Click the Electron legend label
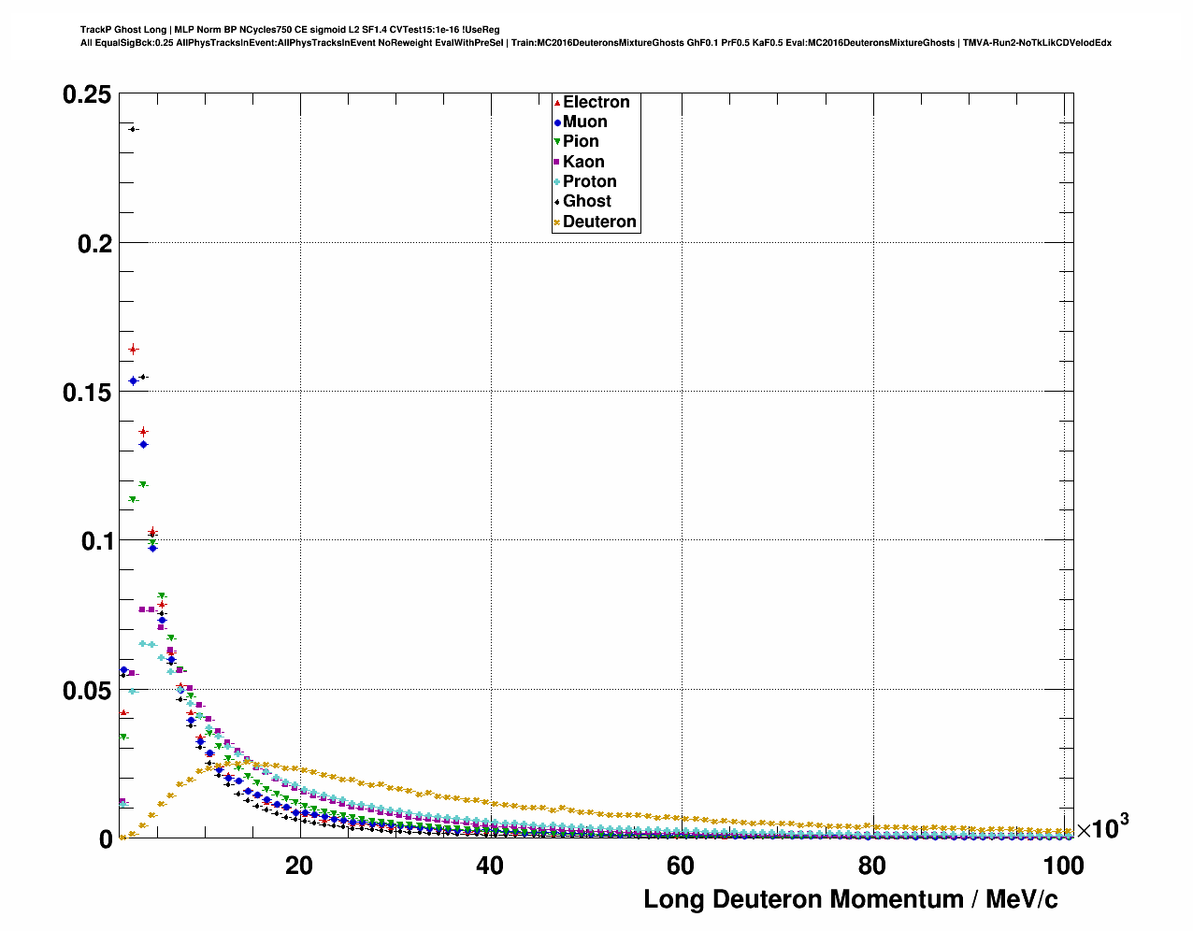click(596, 102)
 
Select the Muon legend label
click(584, 122)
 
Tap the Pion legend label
click(581, 141)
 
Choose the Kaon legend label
click(583, 162)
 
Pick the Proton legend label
click(589, 181)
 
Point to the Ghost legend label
click(586, 201)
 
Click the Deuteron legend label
click(599, 222)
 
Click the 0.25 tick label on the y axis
click(87, 94)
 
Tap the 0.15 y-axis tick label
click(87, 392)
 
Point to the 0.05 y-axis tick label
click(87, 690)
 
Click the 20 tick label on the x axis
click(299, 866)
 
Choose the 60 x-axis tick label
click(681, 866)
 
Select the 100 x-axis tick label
click(1063, 866)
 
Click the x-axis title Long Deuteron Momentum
click(851, 899)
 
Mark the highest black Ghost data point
click(133, 129)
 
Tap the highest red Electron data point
click(133, 350)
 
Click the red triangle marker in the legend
click(557, 102)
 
